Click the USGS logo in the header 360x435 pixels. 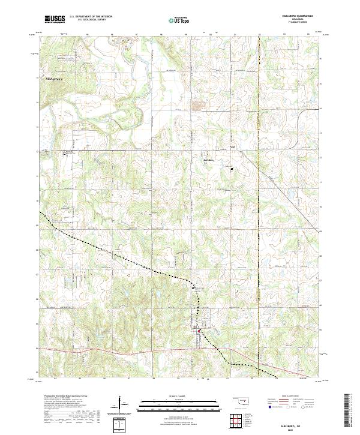55,19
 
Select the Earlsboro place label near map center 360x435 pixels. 209,160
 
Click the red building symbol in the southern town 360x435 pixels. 200,330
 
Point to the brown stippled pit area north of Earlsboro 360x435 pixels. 196,107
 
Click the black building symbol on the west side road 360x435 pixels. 65,154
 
